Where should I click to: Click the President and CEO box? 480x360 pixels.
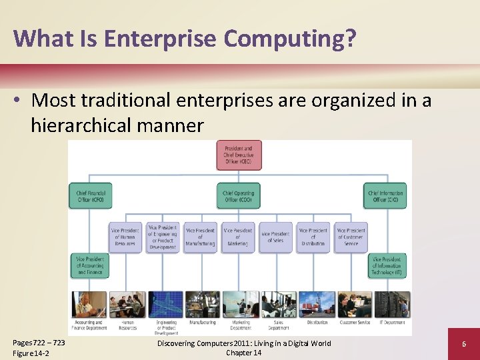[239, 155]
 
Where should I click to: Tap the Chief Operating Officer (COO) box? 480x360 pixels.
[239, 195]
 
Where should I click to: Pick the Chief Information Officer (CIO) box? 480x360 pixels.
[385, 195]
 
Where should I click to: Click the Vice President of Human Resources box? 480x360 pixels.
[126, 237]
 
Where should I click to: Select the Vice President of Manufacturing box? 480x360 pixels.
[201, 237]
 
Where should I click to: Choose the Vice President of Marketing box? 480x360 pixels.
[238, 237]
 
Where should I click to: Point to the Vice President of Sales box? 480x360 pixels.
[275, 237]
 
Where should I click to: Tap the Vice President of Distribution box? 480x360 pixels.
[313, 237]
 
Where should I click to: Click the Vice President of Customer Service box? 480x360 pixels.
[351, 237]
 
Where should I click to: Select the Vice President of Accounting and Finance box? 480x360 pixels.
[89, 265]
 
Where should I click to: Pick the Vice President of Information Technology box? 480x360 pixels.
[387, 265]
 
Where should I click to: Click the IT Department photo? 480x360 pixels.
[391, 305]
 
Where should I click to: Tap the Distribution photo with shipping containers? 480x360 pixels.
[316, 305]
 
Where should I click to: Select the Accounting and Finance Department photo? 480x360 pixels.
[89, 305]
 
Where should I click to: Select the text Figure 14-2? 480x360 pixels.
[31, 353]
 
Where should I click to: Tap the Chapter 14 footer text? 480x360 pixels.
[243, 353]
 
